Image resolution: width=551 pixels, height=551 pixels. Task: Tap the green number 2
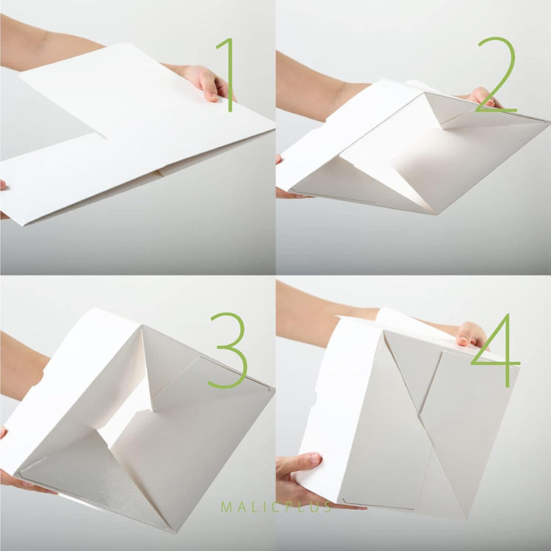[497, 76]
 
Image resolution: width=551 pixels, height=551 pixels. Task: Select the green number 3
[228, 350]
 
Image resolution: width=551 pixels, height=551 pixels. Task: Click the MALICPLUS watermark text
[276, 507]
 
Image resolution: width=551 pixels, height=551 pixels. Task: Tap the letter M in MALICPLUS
[226, 507]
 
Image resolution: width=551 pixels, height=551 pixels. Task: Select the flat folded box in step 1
[140, 132]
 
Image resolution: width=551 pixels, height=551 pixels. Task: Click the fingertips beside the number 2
[481, 95]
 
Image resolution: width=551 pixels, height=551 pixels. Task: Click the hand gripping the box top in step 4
[470, 334]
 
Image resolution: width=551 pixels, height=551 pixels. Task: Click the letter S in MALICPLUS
[327, 507]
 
